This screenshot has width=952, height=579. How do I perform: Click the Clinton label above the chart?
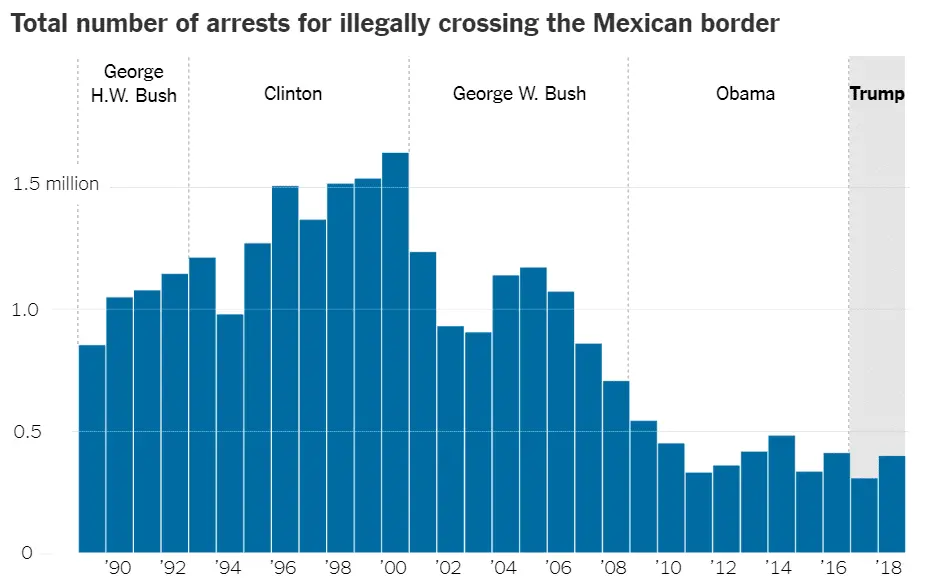[x=293, y=94]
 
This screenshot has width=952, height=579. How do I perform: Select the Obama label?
[x=745, y=94]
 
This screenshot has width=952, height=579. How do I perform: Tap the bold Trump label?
[x=877, y=94]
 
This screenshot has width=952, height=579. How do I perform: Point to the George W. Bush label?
[x=519, y=94]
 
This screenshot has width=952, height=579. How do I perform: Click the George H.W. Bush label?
[x=133, y=84]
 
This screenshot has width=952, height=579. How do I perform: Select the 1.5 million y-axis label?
[x=56, y=184]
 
